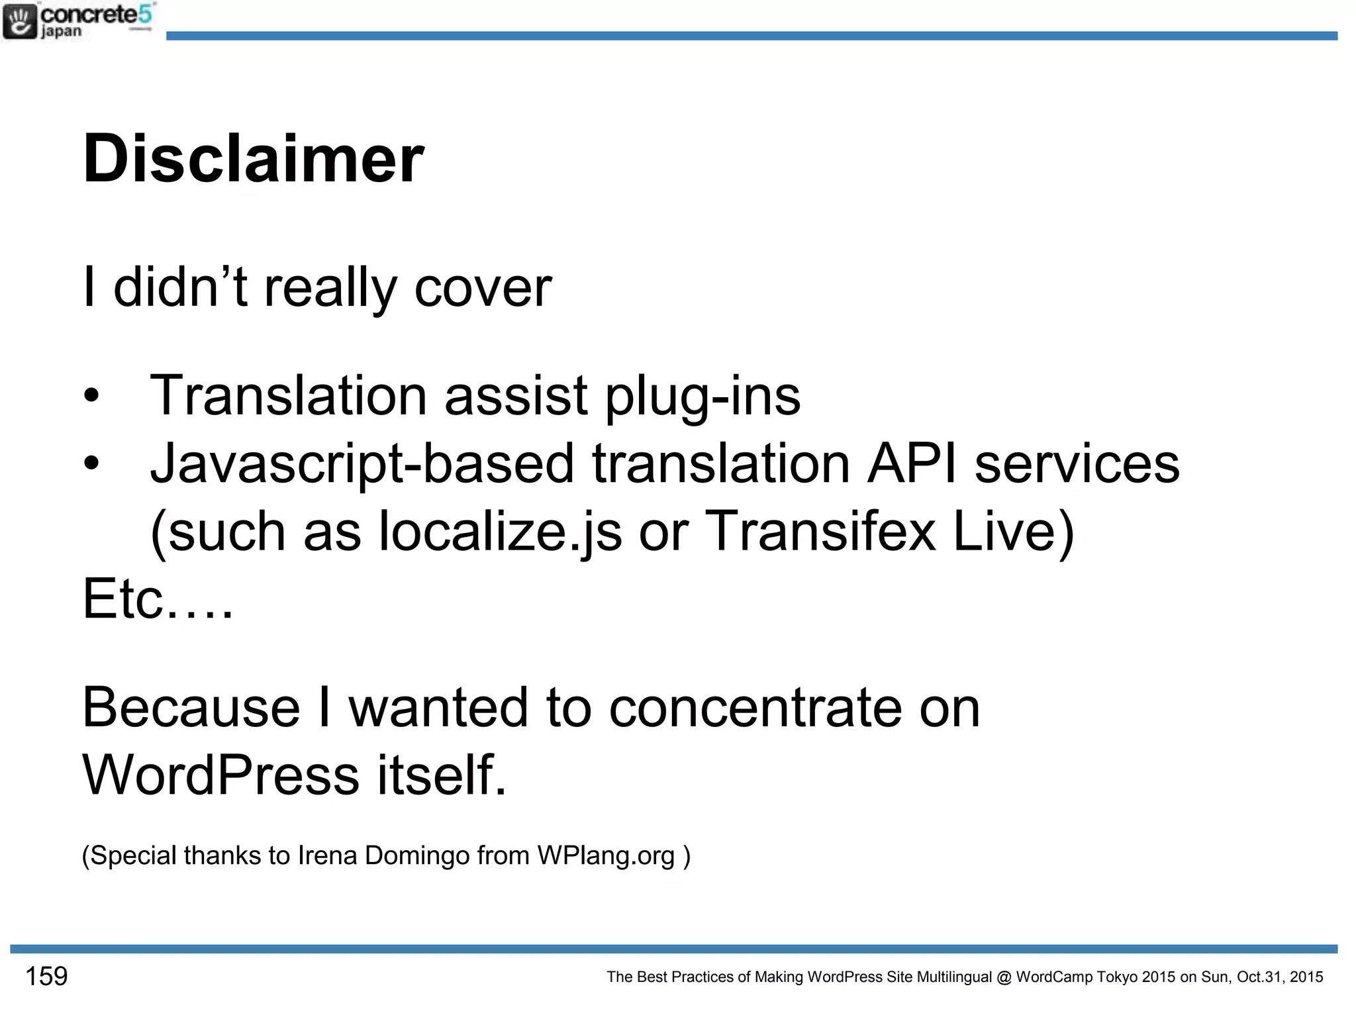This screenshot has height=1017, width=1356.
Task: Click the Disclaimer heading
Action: point(254,159)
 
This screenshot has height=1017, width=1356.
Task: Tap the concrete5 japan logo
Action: point(78,21)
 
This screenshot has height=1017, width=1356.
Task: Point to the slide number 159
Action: point(46,977)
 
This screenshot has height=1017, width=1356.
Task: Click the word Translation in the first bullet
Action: point(288,395)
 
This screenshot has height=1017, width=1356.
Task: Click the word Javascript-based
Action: point(362,463)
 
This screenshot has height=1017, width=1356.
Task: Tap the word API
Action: point(912,463)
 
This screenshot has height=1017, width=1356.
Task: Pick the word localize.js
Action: point(500,532)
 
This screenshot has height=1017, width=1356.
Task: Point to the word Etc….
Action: point(158,599)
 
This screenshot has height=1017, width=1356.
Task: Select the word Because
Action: point(191,708)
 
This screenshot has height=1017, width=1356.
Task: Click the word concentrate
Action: point(755,708)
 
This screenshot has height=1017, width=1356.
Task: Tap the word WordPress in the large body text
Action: point(220,775)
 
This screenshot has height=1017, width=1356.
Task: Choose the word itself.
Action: point(442,775)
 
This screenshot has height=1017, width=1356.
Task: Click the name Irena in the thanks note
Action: point(327,855)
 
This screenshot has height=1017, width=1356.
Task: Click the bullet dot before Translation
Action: point(91,396)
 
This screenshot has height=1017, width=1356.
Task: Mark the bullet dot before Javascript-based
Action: point(91,463)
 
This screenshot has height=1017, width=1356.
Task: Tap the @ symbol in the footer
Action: point(1004,977)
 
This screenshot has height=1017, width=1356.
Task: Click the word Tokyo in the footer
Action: point(1117,977)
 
